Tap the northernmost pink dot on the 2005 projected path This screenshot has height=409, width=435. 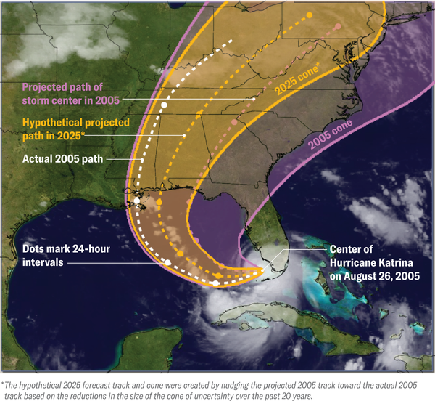point(338,27)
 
